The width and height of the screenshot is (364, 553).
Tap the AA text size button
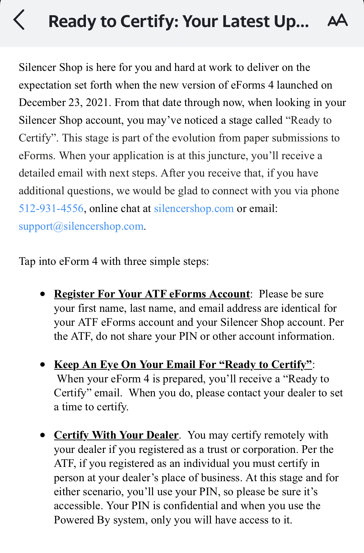[x=338, y=21]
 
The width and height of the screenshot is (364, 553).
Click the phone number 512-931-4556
[x=51, y=209]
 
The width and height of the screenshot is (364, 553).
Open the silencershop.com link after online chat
[x=194, y=209]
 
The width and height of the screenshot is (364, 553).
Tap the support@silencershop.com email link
[x=81, y=226]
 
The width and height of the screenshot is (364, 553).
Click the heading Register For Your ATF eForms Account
[x=152, y=294]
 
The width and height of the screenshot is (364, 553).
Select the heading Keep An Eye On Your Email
[x=183, y=365]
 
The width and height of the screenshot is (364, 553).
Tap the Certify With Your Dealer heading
[x=116, y=435]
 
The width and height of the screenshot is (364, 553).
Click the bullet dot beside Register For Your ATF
[x=43, y=294]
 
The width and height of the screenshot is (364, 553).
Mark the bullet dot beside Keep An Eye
[x=43, y=365]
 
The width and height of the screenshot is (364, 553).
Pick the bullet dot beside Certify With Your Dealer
[x=43, y=435]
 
